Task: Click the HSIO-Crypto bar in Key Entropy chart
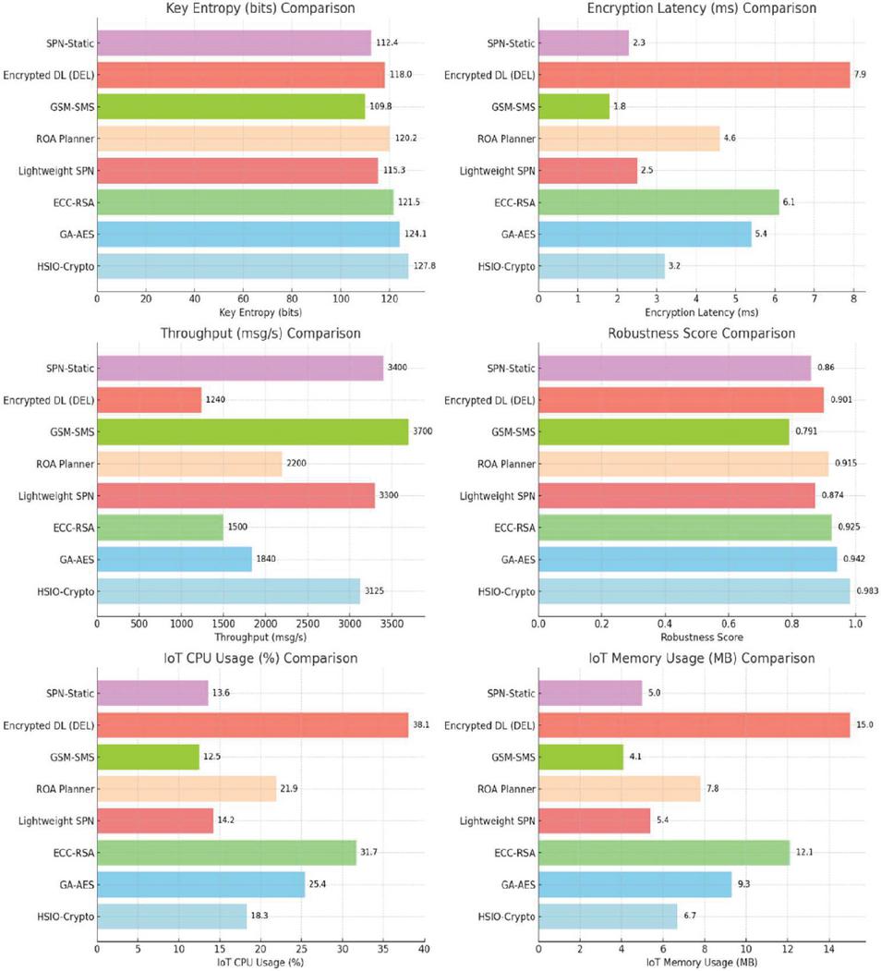click(252, 266)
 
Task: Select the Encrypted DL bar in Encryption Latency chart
click(694, 75)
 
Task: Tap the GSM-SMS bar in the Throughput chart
click(252, 431)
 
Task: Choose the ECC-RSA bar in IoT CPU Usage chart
click(226, 853)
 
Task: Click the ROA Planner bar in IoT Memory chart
click(619, 789)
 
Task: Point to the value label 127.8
click(424, 266)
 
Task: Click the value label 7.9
click(863, 75)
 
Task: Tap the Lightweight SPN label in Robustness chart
click(494, 495)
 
